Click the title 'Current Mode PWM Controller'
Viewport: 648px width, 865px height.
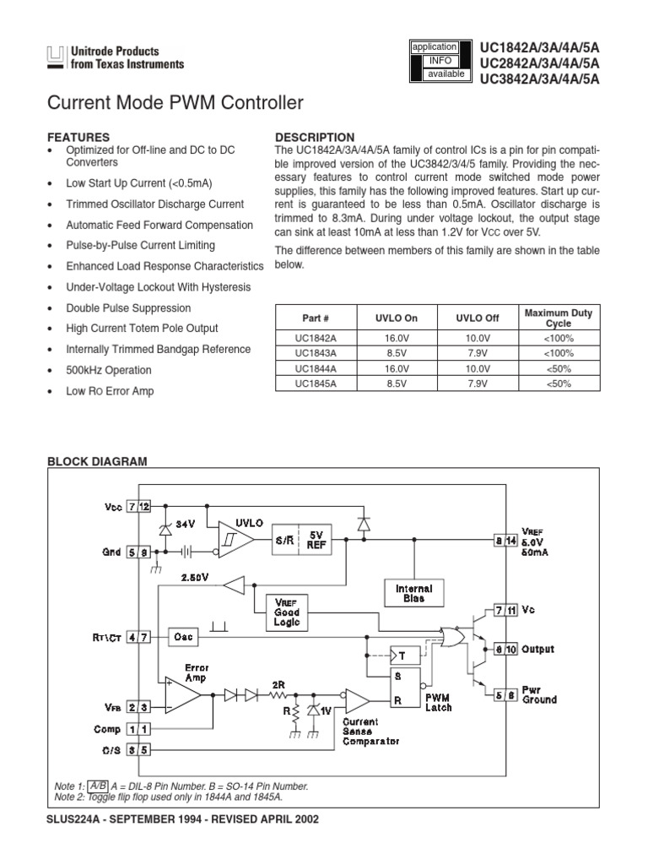[175, 104]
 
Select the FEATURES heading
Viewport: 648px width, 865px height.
[78, 136]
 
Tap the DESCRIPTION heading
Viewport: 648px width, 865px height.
[316, 137]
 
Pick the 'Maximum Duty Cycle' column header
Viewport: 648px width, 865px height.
[558, 318]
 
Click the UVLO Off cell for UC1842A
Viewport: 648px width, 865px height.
[478, 338]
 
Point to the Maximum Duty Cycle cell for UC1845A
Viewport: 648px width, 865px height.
[558, 384]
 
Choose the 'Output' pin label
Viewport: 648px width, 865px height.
[537, 650]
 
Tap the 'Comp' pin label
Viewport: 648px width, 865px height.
[107, 728]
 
